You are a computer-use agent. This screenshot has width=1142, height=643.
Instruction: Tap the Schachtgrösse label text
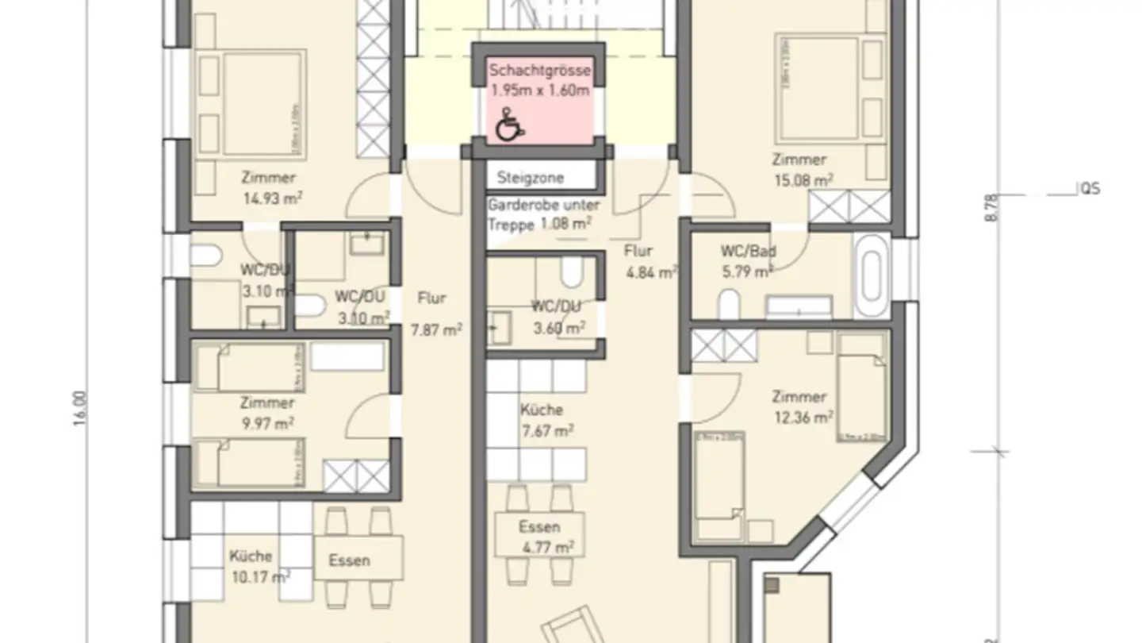click(x=539, y=71)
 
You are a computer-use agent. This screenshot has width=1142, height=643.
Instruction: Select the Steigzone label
click(x=531, y=177)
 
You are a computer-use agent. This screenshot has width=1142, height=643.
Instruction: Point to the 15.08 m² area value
click(x=803, y=180)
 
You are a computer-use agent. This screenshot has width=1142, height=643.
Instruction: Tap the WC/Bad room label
click(x=748, y=252)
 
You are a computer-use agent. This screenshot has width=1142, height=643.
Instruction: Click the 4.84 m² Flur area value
click(x=651, y=272)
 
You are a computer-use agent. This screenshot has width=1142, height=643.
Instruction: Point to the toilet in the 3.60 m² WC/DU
click(x=571, y=271)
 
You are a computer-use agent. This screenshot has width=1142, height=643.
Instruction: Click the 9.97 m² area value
click(x=266, y=424)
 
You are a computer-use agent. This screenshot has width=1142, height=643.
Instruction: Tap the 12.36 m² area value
click(x=803, y=417)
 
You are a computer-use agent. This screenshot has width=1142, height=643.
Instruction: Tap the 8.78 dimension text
click(x=991, y=208)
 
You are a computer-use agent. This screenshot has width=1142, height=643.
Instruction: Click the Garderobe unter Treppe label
click(x=543, y=214)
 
